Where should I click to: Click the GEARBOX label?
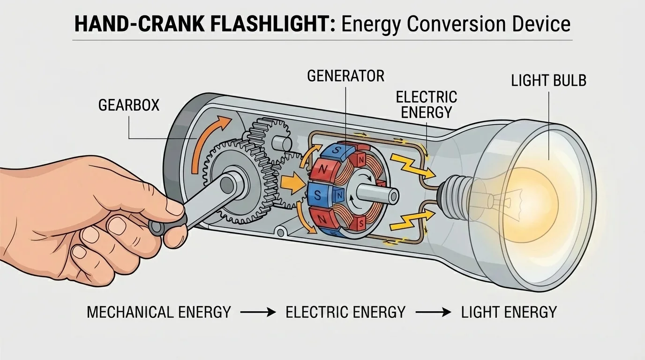(129, 105)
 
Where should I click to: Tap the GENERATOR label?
(345, 76)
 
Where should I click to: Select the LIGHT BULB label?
(548, 81)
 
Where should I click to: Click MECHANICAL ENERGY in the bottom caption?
(159, 312)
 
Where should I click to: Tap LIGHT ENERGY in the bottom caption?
(509, 312)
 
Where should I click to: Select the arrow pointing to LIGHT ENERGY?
(434, 312)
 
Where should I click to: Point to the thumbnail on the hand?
(175, 206)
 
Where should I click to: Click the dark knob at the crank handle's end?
(158, 227)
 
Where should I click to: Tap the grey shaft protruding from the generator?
(377, 193)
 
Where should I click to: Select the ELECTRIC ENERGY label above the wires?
(426, 105)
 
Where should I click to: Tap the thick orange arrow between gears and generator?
(292, 184)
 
